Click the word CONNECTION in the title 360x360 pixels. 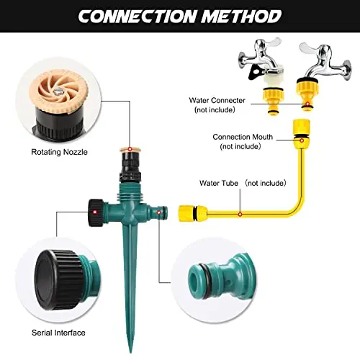tap(138, 17)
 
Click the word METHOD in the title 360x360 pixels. tap(241, 17)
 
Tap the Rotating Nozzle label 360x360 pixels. tap(59, 152)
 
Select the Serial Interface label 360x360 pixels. tap(58, 333)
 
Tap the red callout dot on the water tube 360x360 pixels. tap(240, 214)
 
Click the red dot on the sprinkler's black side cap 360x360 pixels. tap(95, 212)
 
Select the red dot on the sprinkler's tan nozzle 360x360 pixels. tap(130, 149)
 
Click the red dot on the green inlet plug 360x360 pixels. tap(159, 212)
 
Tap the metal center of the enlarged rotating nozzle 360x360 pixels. tap(58, 91)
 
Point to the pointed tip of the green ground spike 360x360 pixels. tap(131, 352)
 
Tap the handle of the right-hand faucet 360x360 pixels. tap(312, 48)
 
